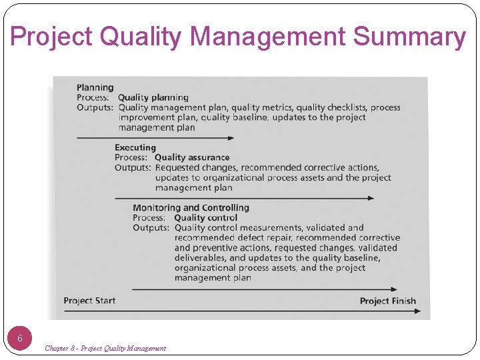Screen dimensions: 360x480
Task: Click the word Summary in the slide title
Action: click(409, 37)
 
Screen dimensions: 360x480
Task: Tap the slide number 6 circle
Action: click(20, 338)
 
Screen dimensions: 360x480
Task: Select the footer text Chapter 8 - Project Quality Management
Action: click(105, 348)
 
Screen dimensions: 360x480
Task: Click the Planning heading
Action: click(95, 87)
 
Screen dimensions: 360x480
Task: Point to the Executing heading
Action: click(135, 147)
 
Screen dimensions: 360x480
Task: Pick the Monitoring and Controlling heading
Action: click(191, 207)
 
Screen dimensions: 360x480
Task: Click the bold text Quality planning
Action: click(153, 97)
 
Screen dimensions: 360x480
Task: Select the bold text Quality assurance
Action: click(192, 157)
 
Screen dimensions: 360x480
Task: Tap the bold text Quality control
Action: click(205, 217)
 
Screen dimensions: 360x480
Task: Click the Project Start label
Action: click(89, 301)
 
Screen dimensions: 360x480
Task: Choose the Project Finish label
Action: click(387, 301)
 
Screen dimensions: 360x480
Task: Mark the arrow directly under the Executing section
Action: click(244, 198)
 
